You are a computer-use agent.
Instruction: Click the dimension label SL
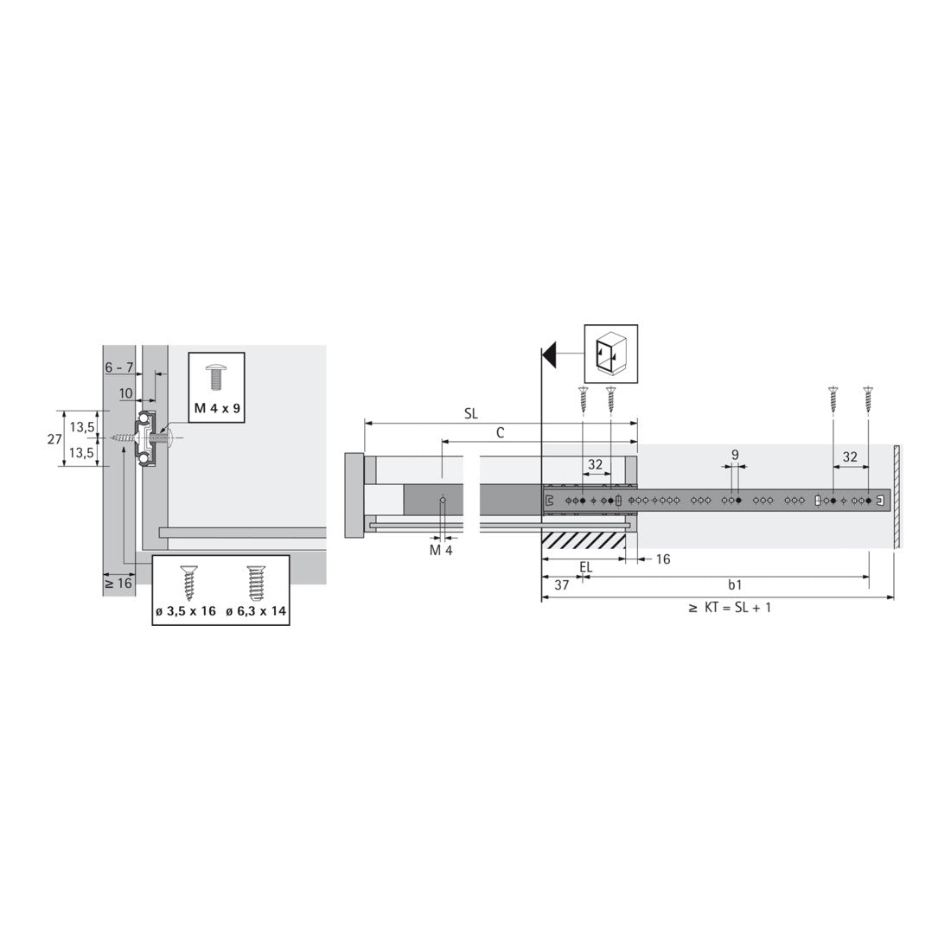[x=470, y=413]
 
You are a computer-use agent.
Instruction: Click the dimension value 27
[x=53, y=439]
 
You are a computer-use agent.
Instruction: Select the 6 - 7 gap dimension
[x=118, y=367]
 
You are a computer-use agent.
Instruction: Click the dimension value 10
[x=126, y=393]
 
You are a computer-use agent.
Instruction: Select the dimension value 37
[x=561, y=584]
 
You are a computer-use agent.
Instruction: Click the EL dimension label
[x=586, y=566]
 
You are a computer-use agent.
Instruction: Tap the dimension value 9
[x=734, y=454]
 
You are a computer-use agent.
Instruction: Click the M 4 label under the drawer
[x=441, y=550]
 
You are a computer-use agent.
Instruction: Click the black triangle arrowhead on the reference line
[x=547, y=354]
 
